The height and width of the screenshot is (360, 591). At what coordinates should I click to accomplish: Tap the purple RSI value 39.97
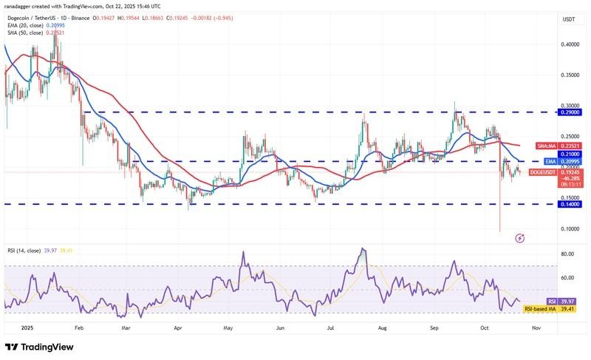pos(552,302)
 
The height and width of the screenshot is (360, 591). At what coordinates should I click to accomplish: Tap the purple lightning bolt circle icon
pos(519,238)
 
